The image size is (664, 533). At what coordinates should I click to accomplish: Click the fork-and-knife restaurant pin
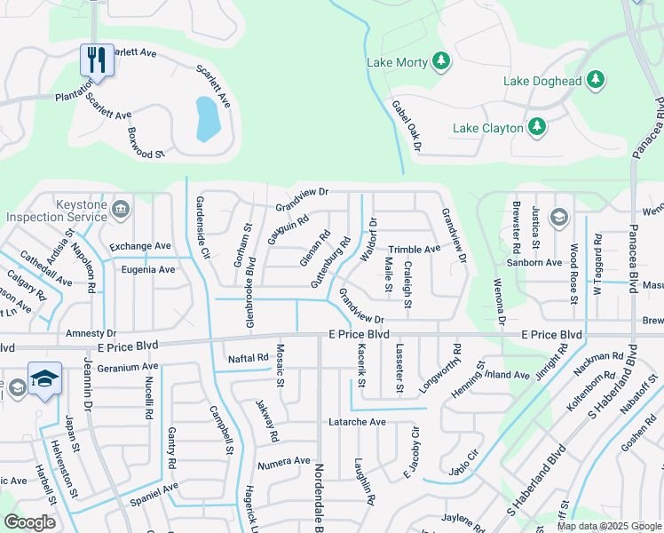point(97,60)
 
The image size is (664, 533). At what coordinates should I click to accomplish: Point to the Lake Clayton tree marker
point(536,128)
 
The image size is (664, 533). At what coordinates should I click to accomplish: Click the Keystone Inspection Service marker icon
point(121,210)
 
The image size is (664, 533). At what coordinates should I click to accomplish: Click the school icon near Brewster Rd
point(557,217)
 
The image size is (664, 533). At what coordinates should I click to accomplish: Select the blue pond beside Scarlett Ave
point(207,119)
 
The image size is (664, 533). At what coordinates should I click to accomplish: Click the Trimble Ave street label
point(414,250)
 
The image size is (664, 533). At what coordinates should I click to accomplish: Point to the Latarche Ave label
point(358,421)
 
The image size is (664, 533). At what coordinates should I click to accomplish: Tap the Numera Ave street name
point(284,461)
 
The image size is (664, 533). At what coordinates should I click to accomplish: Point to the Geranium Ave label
point(128,366)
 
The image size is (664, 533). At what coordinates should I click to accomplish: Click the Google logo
point(29,522)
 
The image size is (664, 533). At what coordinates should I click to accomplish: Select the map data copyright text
point(609,526)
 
